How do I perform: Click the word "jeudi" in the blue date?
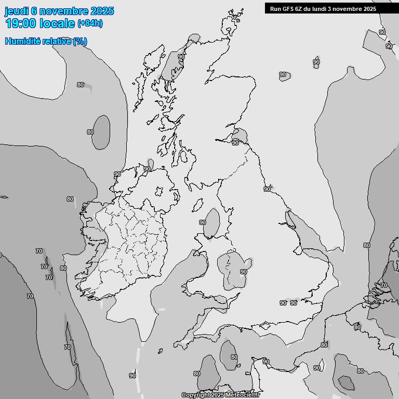point(15,11)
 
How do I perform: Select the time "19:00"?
point(20,23)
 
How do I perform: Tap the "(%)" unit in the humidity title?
point(79,42)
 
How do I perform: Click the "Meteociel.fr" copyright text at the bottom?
point(242,395)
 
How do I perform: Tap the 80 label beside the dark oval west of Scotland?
point(90,132)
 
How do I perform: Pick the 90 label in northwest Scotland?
point(181,57)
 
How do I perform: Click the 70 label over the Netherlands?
point(384,285)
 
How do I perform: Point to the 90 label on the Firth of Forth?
point(235,142)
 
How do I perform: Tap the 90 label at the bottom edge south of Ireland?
point(132,376)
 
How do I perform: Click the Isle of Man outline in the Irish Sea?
point(197,205)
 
